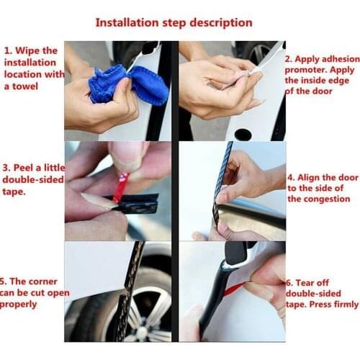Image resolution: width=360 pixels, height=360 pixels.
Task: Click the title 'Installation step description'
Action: [174, 23]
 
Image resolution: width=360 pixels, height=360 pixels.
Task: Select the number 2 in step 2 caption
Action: [289, 58]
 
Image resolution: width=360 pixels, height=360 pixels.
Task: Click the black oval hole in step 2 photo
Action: [243, 134]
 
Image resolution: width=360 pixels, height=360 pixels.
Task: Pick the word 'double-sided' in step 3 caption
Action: [32, 179]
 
